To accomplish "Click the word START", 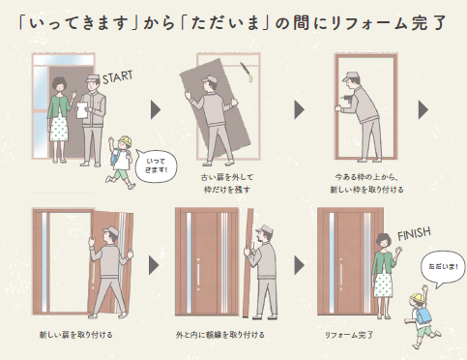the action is [117, 77].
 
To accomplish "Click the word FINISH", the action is [414, 233].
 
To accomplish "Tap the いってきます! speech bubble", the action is [157, 165].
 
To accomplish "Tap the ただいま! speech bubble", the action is [443, 268].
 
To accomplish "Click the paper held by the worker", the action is [81, 110].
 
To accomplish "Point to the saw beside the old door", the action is [247, 73].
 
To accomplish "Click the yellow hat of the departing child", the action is [125, 141].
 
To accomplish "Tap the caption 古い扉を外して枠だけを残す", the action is [227, 183].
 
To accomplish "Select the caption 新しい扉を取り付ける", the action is [76, 335].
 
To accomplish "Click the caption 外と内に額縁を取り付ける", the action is [220, 335].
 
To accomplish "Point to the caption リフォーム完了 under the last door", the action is [349, 335].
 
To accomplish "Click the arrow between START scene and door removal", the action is [156, 109].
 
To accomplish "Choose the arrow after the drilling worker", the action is [423, 109].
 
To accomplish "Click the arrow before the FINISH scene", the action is [299, 266].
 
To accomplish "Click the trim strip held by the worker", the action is [248, 262].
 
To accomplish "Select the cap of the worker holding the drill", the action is [351, 76].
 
